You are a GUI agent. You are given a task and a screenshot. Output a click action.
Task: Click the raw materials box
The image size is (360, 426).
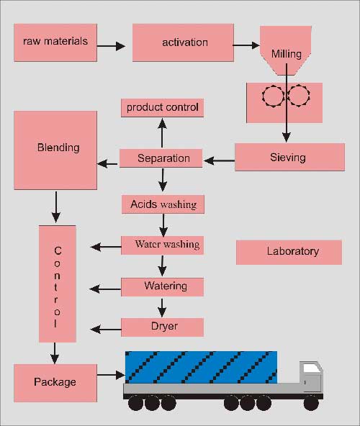click(x=55, y=42)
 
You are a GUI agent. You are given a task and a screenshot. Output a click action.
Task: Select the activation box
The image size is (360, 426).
click(x=183, y=42)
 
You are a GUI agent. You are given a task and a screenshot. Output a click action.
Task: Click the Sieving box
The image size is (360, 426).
click(x=288, y=157)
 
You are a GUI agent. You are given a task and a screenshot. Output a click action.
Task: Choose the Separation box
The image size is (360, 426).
click(x=163, y=158)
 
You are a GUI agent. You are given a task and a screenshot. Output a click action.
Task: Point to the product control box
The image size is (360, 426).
click(x=162, y=108)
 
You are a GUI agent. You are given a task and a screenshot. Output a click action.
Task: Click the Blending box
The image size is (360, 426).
click(x=55, y=150)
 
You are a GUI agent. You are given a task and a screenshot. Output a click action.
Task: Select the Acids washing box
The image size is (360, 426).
click(x=163, y=204)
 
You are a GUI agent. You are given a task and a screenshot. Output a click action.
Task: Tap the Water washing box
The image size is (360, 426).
click(x=162, y=245)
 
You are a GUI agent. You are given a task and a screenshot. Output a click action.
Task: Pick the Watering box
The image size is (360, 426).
click(x=162, y=286)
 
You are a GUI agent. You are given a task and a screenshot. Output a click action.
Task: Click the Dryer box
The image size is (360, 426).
click(x=162, y=327)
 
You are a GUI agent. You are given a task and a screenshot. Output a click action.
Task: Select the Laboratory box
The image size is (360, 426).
click(x=289, y=252)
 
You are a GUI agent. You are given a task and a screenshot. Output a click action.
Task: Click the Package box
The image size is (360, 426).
click(x=55, y=381)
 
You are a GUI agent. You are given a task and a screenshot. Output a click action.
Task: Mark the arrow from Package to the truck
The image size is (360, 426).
click(x=111, y=375)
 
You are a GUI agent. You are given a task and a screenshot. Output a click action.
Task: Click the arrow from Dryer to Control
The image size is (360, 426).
click(x=106, y=330)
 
